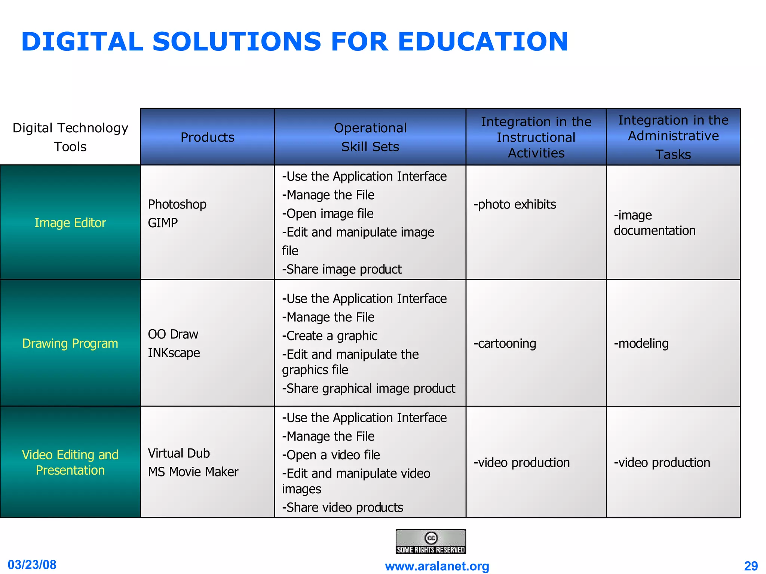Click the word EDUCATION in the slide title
coord(482,41)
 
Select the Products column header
coord(208,137)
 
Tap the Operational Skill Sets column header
coord(370,137)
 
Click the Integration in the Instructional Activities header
coord(536,137)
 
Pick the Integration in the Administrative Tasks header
coord(673,137)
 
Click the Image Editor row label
coord(70,223)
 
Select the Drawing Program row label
coord(70,343)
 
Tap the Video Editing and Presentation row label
coord(70,462)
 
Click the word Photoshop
coord(177,204)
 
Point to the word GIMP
coord(163,223)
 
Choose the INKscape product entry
coord(174,353)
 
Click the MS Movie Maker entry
coord(193,472)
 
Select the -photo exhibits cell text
coord(515,204)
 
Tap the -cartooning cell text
coord(505,343)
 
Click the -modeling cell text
coord(641,343)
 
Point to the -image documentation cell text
coord(655,223)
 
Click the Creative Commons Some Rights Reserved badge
coord(431,541)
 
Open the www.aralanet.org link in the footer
coord(437,566)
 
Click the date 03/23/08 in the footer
coord(32,565)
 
